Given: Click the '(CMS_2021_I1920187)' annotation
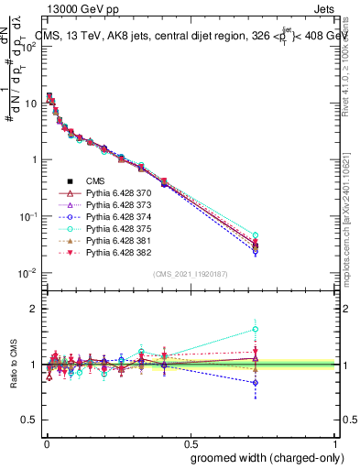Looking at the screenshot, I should [x=190, y=274].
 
